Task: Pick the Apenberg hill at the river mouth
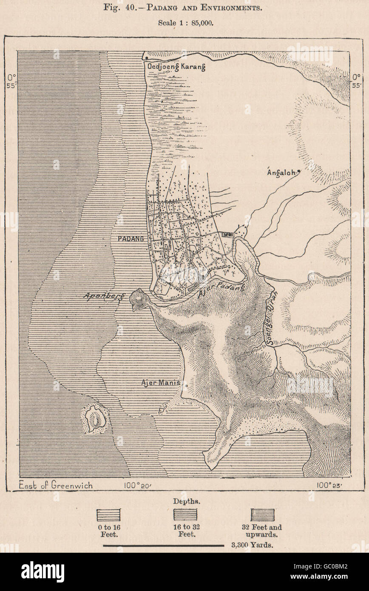pos(139,299)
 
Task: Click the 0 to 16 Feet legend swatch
pos(109,515)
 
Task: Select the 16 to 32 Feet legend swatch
pos(184,515)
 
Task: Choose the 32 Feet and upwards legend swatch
pos(262,515)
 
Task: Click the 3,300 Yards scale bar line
pos(166,545)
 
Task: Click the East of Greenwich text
pos(56,485)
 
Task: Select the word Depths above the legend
pos(184,501)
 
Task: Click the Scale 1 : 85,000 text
pos(185,23)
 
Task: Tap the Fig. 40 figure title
pos(185,8)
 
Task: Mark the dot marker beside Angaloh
pos(299,171)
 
